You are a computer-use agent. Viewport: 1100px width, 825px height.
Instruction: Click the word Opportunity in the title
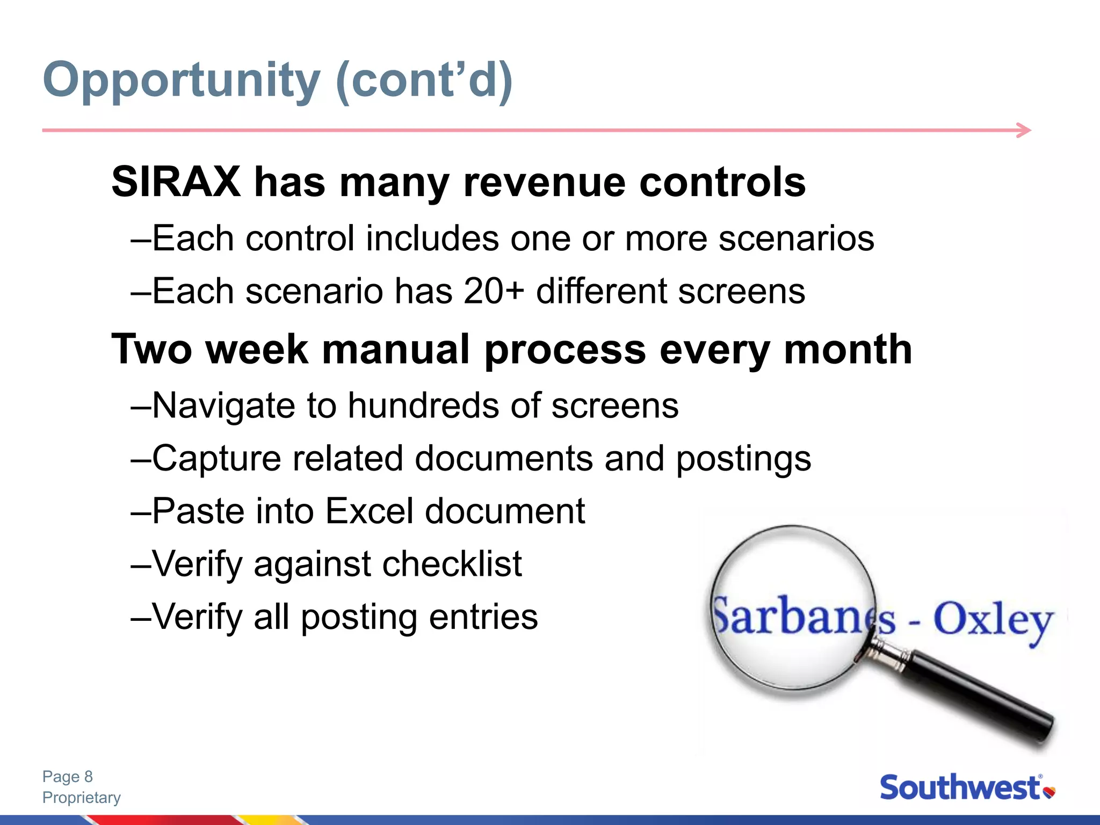point(182,81)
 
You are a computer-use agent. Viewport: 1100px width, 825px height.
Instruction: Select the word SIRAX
point(176,182)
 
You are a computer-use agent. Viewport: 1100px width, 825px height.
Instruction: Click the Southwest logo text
point(960,788)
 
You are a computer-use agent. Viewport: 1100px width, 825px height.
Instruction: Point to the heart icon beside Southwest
point(1050,792)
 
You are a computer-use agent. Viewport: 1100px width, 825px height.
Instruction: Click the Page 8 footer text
point(68,777)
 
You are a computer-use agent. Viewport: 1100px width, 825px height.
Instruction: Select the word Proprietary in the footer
point(82,798)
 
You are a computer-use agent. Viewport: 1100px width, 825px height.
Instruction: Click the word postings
point(743,459)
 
